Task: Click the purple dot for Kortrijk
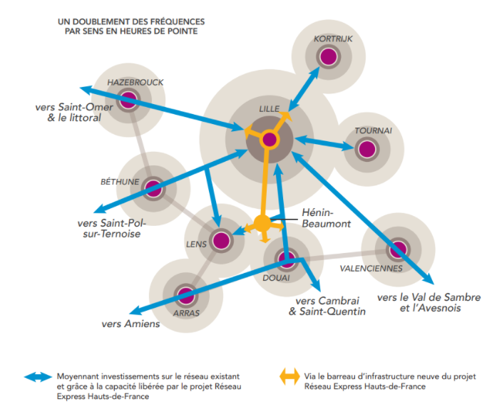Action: pyautogui.click(x=328, y=56)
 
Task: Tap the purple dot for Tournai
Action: pyautogui.click(x=367, y=149)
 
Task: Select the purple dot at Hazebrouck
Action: pyautogui.click(x=128, y=101)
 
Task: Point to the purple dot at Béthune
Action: pyautogui.click(x=153, y=189)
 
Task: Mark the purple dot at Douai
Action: pyautogui.click(x=286, y=258)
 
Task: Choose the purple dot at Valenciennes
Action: pyautogui.click(x=397, y=249)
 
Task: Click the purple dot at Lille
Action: pyautogui.click(x=270, y=139)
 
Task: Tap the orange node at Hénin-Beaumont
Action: pyautogui.click(x=262, y=224)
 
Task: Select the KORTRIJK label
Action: pyautogui.click(x=333, y=38)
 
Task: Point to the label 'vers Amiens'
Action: pyautogui.click(x=130, y=324)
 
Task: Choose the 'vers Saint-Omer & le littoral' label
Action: pyautogui.click(x=68, y=113)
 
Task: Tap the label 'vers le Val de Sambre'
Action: pyautogui.click(x=429, y=297)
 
